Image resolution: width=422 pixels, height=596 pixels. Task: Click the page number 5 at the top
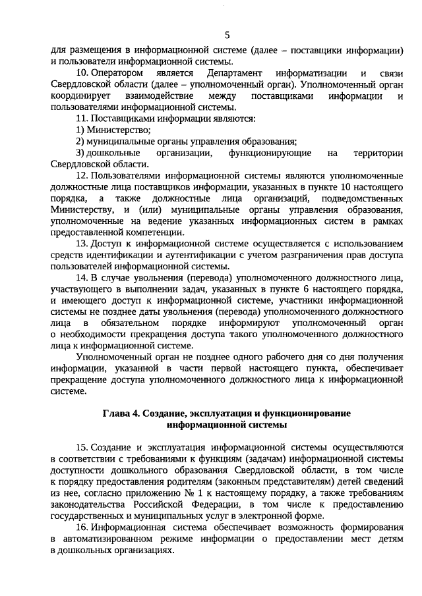pos(227,35)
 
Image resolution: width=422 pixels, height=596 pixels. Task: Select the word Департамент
pos(233,72)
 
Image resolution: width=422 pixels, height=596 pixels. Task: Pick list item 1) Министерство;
pos(109,130)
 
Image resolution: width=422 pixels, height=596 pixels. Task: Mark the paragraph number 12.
pos(82,176)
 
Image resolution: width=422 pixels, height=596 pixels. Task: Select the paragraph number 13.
pos(82,243)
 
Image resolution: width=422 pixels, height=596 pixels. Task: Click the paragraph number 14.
pos(82,278)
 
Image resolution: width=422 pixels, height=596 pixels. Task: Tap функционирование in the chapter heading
pos(298,413)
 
